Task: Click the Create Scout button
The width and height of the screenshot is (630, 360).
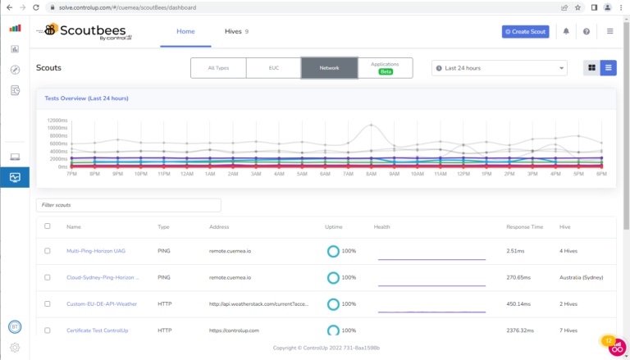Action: coord(525,31)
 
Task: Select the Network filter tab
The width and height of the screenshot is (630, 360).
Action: coord(329,68)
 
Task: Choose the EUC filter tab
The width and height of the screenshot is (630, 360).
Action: coord(273,68)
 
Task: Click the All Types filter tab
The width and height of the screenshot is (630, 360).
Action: coord(217,68)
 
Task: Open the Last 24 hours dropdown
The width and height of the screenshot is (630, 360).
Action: coord(499,68)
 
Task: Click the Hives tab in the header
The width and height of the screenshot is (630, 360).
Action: coord(236,31)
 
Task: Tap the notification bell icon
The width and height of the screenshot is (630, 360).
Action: coord(566,31)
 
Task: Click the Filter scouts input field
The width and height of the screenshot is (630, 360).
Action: coord(129,205)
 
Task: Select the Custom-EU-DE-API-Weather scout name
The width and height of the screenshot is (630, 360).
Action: coord(102,303)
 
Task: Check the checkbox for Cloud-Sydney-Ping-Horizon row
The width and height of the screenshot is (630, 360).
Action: coord(48,277)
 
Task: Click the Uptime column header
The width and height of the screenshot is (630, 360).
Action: coord(334,226)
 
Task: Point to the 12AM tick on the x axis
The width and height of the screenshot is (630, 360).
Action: coord(187,174)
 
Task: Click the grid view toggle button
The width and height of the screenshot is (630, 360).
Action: coord(591,68)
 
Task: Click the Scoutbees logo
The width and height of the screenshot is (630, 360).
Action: coord(90,32)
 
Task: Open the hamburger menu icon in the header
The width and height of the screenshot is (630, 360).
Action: coord(609,31)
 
